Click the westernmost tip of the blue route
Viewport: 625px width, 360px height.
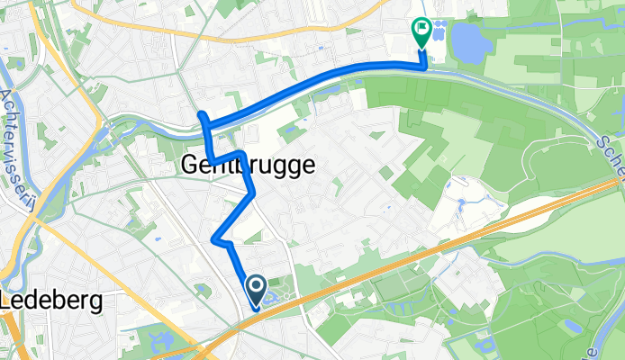pyautogui.click(x=202, y=114)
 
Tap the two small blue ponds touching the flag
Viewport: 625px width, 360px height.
pyautogui.click(x=437, y=30)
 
